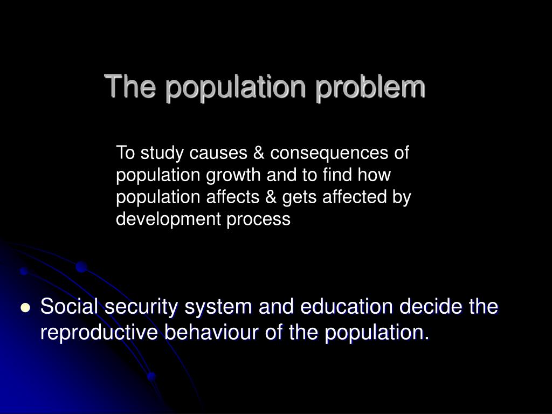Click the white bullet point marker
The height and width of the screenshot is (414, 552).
click(x=25, y=308)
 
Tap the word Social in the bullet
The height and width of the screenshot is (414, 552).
click(x=70, y=307)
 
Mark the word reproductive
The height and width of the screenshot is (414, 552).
click(x=99, y=333)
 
